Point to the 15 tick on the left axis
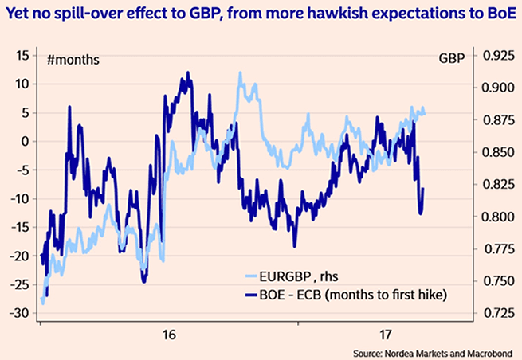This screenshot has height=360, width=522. click(x=22, y=55)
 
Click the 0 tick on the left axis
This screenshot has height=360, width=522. click(x=25, y=141)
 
